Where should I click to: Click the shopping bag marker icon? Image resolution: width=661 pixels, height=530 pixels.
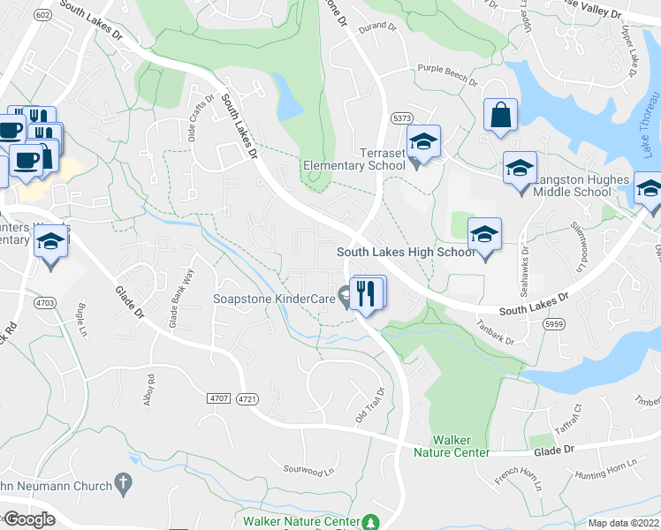(500, 116)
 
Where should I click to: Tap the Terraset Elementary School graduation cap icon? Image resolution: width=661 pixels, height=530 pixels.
(423, 143)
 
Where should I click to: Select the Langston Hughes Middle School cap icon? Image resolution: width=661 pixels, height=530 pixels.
(520, 166)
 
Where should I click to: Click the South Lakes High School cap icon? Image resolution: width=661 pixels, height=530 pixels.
(484, 234)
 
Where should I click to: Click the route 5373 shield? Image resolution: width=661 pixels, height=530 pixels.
(402, 117)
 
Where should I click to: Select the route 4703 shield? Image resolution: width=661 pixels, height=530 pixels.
(44, 302)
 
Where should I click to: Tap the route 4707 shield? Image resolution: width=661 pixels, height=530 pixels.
(219, 399)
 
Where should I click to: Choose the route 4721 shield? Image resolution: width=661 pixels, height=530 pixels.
(247, 399)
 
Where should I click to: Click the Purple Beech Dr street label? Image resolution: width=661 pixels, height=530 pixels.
(447, 76)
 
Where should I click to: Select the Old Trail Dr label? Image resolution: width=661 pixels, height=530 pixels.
(371, 404)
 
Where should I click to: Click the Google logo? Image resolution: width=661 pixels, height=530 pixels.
(29, 519)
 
